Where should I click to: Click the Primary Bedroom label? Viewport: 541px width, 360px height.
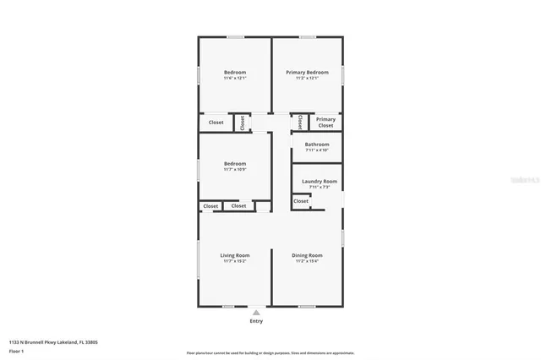point(307,73)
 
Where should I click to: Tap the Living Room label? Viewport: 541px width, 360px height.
point(235,255)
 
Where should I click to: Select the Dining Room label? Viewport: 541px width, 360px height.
point(307,255)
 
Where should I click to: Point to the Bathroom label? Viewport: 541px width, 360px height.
point(317,145)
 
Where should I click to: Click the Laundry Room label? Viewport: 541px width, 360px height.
point(320,181)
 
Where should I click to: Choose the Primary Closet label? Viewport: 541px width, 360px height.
point(325,122)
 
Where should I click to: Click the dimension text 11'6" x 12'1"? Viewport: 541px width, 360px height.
point(235,79)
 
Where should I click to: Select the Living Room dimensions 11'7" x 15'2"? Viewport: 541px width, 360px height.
point(235,261)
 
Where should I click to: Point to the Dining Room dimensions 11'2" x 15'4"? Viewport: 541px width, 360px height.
point(307,261)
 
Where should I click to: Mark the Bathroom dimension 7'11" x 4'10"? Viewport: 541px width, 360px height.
point(317,150)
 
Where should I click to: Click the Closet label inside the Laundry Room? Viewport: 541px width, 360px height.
point(301,201)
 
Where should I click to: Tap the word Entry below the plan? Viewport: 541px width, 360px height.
point(256,321)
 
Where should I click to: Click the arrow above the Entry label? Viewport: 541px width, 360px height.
point(256,312)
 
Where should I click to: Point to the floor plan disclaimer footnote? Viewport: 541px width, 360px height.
point(270,353)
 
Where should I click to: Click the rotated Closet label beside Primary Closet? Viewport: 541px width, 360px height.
point(299,122)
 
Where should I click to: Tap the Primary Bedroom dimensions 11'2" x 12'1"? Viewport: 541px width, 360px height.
point(307,79)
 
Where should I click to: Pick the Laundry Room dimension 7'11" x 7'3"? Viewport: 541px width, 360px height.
point(320,187)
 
